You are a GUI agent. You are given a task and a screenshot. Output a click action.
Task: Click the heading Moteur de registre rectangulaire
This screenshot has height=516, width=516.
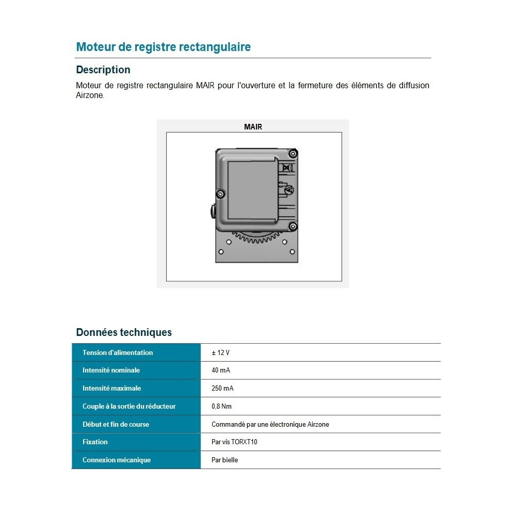[163, 47]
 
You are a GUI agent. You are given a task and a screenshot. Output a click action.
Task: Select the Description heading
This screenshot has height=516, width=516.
[103, 70]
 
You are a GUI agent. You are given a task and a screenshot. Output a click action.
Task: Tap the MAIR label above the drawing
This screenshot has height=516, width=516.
[253, 127]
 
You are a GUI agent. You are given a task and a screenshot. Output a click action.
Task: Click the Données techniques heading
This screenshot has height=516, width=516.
[124, 332]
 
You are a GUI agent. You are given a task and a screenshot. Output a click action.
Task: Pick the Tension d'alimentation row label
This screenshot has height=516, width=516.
[118, 352]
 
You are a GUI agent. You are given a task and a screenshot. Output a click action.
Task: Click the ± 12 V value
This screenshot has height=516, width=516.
[220, 352]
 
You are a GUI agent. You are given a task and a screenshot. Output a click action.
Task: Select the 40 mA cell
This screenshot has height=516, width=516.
[221, 370]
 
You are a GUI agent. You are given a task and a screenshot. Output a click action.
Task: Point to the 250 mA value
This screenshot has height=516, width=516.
[222, 389]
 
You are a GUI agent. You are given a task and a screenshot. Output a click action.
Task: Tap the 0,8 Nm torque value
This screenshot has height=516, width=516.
[221, 407]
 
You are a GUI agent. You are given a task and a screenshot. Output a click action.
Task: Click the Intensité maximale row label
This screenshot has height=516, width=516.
[111, 389]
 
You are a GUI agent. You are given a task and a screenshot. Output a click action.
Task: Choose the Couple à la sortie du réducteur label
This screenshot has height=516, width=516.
[129, 407]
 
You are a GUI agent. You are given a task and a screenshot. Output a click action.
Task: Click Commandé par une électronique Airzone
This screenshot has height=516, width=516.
[270, 424]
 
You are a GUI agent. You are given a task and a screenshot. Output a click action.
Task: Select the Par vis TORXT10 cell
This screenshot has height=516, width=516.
[234, 442]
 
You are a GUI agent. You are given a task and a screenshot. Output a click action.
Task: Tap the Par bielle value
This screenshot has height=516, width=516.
[225, 460]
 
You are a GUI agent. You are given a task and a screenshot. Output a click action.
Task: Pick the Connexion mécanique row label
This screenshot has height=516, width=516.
[117, 460]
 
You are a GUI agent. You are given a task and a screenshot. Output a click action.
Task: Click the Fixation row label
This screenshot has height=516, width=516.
[95, 442]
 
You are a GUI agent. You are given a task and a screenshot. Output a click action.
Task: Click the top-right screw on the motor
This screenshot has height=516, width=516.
[293, 153]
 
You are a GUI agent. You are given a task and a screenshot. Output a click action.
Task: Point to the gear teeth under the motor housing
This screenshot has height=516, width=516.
[256, 237]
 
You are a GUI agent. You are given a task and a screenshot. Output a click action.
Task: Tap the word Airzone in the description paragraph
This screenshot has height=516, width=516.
[90, 95]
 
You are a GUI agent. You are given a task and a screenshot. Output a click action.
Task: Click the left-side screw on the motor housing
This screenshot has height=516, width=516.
[220, 194]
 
